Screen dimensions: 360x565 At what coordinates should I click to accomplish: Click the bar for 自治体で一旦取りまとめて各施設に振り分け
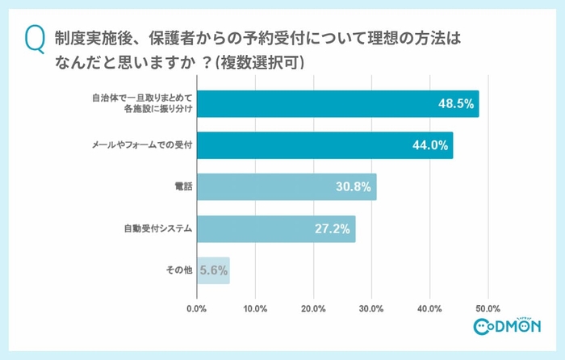point(337,104)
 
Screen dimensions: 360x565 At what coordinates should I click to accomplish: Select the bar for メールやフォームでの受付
point(324,146)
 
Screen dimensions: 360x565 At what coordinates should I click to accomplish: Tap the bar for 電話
point(287,187)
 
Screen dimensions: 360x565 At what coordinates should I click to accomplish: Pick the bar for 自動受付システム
point(276,229)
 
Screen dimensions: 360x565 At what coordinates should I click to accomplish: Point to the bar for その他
point(213,270)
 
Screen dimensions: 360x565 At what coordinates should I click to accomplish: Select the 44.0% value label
point(429,146)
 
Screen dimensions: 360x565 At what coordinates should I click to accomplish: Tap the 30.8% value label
point(353,187)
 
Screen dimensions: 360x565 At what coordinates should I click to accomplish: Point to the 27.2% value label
point(332,229)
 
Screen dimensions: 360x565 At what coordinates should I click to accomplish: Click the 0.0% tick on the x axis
point(197,308)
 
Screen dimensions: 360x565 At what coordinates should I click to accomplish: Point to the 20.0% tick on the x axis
point(313,308)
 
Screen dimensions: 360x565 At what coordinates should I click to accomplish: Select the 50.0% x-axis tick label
point(488,308)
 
